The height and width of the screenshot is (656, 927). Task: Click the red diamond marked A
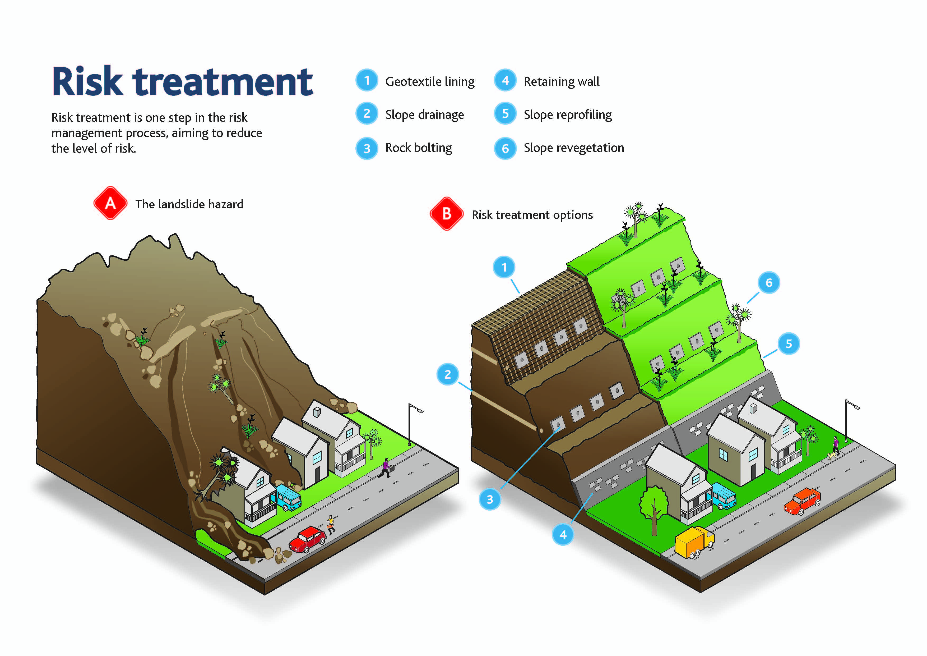pos(110,203)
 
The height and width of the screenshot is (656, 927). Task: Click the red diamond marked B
pos(447,214)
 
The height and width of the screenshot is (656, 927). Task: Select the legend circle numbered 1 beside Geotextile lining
pos(367,80)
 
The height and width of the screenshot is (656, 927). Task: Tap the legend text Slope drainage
pos(424,115)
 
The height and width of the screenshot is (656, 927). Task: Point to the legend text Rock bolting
pos(419,148)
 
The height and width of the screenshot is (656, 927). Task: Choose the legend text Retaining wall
pos(561,82)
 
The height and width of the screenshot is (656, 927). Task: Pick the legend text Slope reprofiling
pos(568,115)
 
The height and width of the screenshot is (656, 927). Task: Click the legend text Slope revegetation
pos(574,148)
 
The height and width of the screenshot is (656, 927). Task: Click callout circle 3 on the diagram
pos(490,499)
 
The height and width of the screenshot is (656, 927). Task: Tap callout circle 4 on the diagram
pos(563,534)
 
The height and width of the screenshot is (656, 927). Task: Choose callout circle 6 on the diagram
pos(769,282)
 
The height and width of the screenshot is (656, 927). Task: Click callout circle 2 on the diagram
pos(448,374)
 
